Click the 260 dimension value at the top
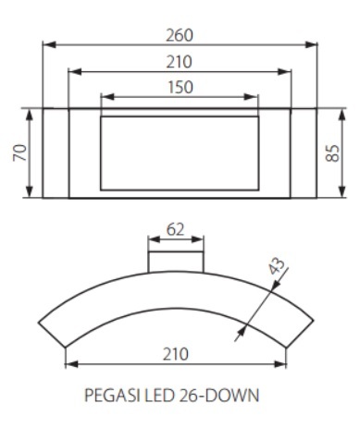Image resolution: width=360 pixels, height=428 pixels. point(180,35)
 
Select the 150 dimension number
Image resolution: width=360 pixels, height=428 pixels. point(180,87)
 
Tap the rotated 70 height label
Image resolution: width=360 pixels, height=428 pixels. point(20,153)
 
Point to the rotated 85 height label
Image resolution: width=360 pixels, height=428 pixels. point(332,153)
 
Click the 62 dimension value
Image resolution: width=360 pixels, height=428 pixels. point(175,230)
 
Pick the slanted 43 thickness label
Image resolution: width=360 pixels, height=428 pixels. point(276,266)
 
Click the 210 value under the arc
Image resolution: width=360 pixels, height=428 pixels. point(175,354)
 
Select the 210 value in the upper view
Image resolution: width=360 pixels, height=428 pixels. point(180,62)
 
